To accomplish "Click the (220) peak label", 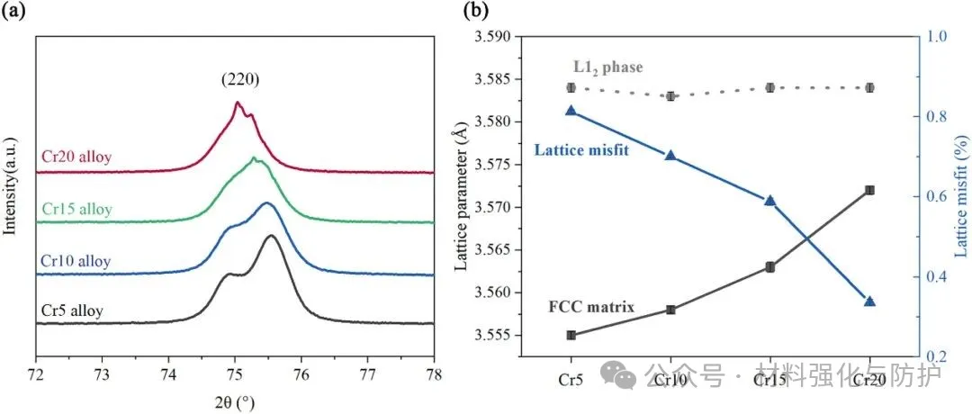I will coord(240,79).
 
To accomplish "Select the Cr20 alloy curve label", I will coord(76,157).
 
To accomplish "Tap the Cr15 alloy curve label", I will coord(76,209).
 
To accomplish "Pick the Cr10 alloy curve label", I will coord(76,261).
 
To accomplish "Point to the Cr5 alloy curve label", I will coord(72,311).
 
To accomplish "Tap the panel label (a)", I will coord(13,12).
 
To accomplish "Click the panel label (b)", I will coord(475,12).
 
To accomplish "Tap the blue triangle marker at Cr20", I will coord(869,301).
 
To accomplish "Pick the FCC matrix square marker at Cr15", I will coord(769,267).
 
